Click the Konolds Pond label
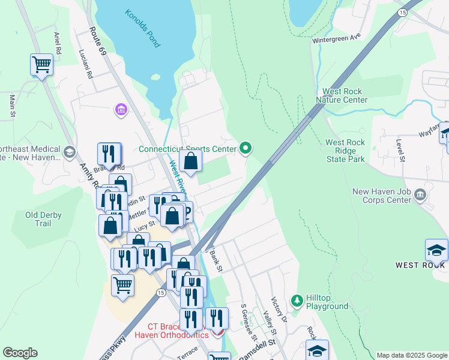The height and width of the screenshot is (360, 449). point(143,28)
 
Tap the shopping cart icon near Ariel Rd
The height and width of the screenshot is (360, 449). point(41,64)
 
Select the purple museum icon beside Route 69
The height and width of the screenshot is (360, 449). point(121,110)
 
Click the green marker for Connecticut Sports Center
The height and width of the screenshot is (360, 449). point(245,148)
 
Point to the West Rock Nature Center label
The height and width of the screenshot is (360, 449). point(345,95)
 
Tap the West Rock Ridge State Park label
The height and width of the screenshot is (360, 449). point(345,151)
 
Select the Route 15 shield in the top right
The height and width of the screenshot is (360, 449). point(402,12)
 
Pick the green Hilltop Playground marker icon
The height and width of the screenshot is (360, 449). point(296,299)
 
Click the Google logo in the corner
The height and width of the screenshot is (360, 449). point(20,353)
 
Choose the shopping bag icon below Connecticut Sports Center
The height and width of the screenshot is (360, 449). point(190,161)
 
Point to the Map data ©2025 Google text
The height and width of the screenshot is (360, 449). point(412,355)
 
